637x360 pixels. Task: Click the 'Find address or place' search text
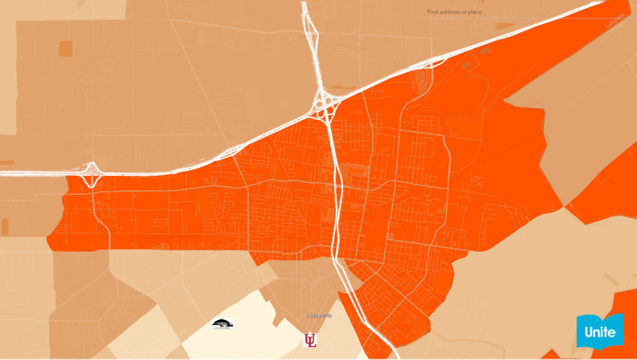point(454,12)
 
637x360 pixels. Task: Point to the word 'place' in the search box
point(475,12)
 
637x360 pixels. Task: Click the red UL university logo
point(309,340)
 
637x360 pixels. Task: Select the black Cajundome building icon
point(222,324)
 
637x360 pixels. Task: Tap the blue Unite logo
point(600,331)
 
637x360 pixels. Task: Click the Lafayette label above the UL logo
point(319,315)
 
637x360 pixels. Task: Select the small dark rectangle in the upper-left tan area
point(65,49)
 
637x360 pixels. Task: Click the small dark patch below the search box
point(504,26)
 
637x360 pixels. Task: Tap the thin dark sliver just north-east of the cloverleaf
point(342,87)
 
